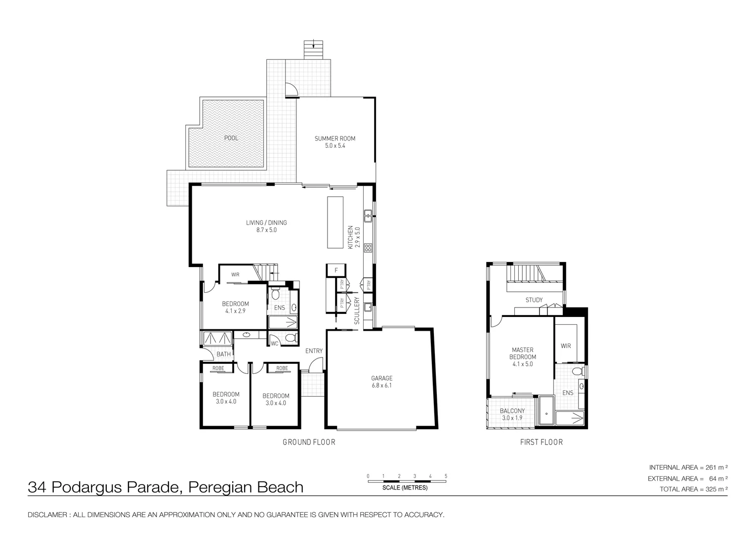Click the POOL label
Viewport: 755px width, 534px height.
pyautogui.click(x=231, y=138)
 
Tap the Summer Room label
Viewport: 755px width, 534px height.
pyautogui.click(x=335, y=138)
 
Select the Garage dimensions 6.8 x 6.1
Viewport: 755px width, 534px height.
pyautogui.click(x=382, y=386)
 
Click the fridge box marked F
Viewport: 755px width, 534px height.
pyautogui.click(x=336, y=270)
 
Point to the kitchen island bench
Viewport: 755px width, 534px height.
pyautogui.click(x=335, y=222)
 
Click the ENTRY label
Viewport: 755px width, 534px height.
pyautogui.click(x=314, y=351)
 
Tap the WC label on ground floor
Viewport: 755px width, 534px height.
pyautogui.click(x=274, y=343)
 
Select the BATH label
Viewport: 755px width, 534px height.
pyautogui.click(x=223, y=354)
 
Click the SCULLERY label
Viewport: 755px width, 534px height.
pyautogui.click(x=357, y=311)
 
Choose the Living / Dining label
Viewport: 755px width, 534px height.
pyautogui.click(x=266, y=223)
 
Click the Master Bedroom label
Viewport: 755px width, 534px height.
pyautogui.click(x=522, y=353)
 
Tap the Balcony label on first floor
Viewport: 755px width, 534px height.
pyautogui.click(x=512, y=411)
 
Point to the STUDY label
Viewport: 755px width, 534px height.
pyautogui.click(x=534, y=300)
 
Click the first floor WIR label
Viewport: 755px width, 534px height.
pyautogui.click(x=566, y=346)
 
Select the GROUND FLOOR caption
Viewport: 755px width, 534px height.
pyautogui.click(x=309, y=442)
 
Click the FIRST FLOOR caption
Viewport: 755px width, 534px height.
pyautogui.click(x=541, y=442)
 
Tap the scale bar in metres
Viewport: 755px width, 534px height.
pyautogui.click(x=407, y=480)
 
